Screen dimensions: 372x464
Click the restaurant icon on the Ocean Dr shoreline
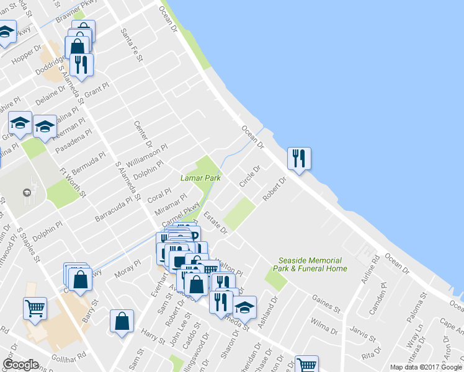(300, 158)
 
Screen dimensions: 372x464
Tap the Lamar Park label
(200, 177)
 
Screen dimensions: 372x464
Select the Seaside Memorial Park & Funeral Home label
(313, 265)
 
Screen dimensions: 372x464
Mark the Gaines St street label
(327, 304)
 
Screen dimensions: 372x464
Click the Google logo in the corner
(20, 365)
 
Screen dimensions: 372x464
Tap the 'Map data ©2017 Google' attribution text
(426, 367)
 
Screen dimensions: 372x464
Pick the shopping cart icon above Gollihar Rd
(35, 308)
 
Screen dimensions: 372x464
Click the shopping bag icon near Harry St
(122, 321)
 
